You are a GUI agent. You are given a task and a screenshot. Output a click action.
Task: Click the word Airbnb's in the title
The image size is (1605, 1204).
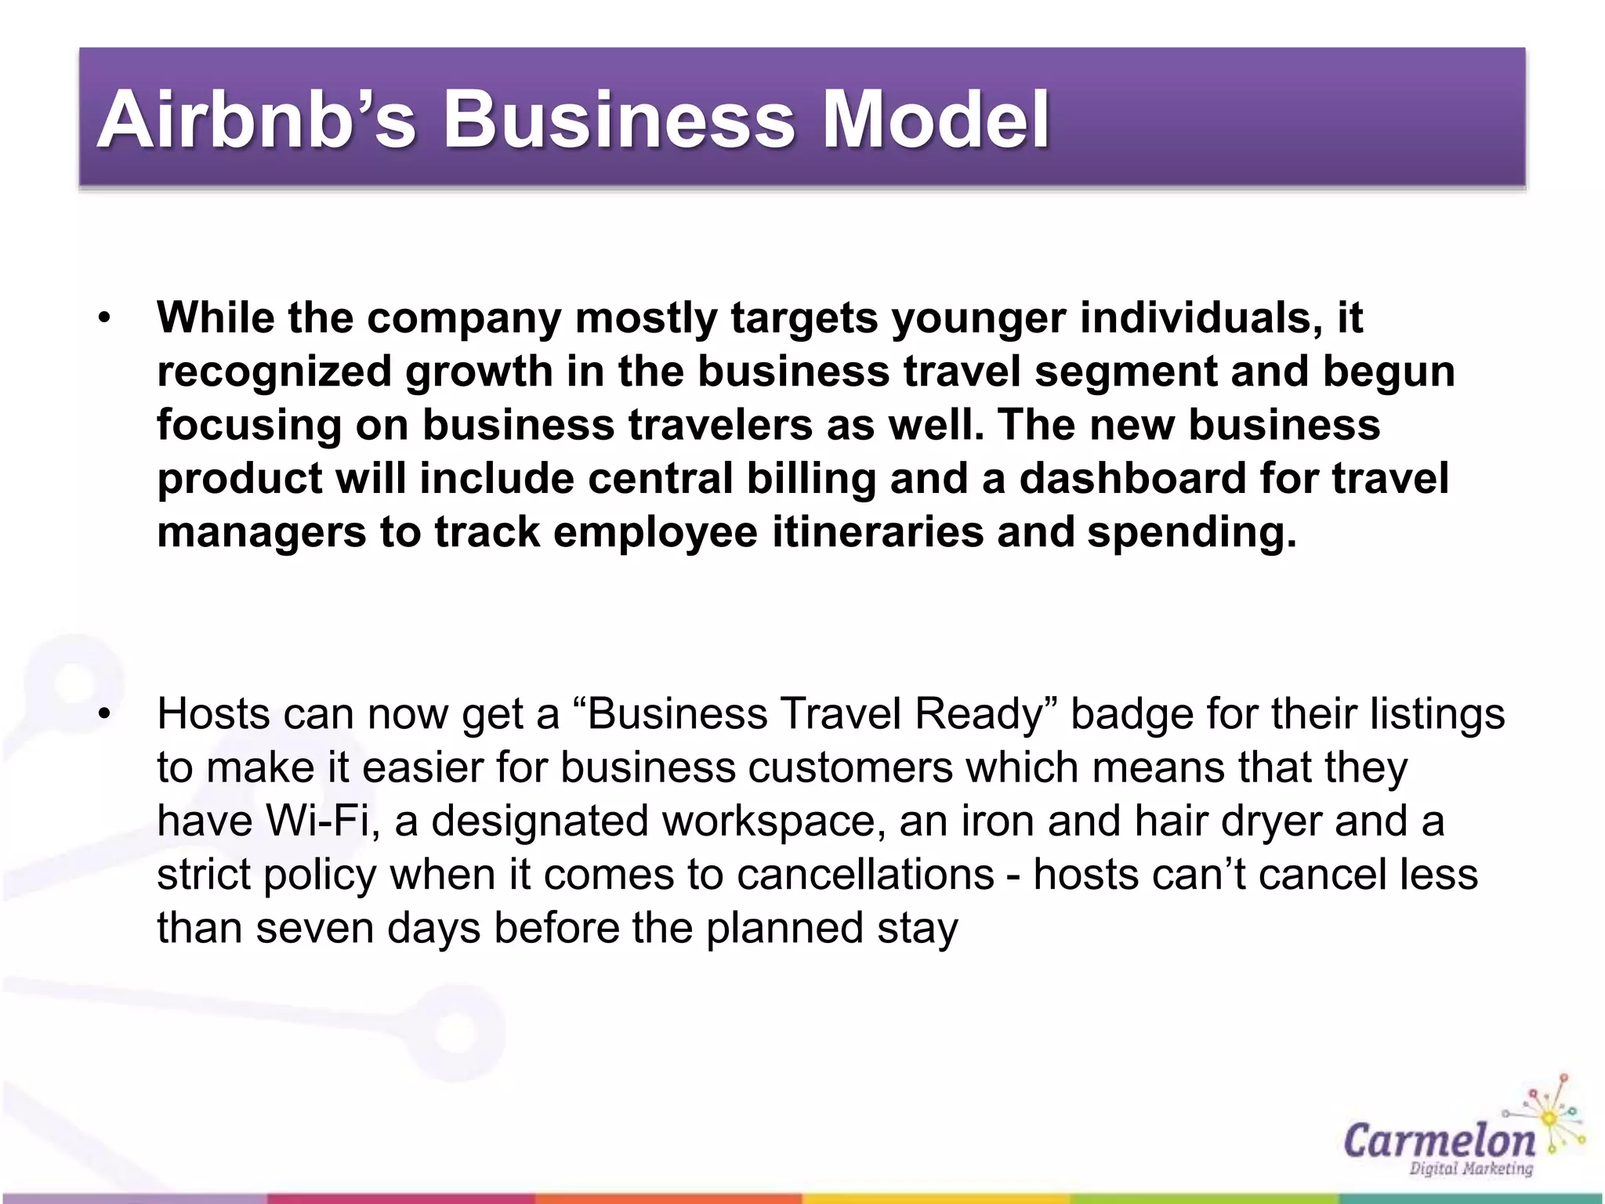[x=255, y=119]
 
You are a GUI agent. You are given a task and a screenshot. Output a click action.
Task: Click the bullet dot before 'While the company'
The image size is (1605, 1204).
[x=104, y=318]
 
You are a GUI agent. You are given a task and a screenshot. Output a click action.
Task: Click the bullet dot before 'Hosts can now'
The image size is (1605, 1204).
[x=104, y=714]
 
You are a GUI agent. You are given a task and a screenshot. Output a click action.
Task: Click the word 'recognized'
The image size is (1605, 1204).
[x=274, y=372]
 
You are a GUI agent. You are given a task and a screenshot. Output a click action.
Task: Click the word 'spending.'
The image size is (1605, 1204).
[x=1192, y=532]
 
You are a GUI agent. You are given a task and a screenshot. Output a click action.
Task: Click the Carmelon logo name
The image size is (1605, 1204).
[x=1439, y=1140]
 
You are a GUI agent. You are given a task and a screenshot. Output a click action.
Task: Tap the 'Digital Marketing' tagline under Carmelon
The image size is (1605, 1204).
[x=1470, y=1169]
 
